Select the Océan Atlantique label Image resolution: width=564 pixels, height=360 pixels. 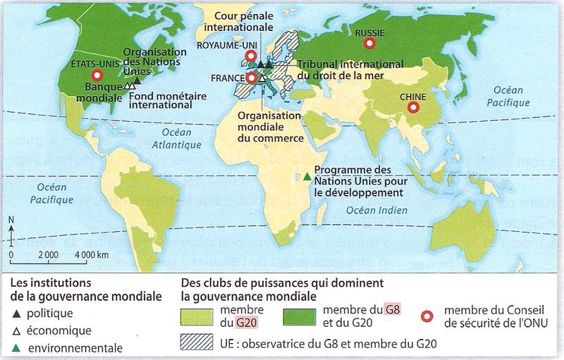[174, 139]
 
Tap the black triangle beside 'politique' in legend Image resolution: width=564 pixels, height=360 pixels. [16, 314]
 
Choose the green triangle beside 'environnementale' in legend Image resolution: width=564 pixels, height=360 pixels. [16, 347]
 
